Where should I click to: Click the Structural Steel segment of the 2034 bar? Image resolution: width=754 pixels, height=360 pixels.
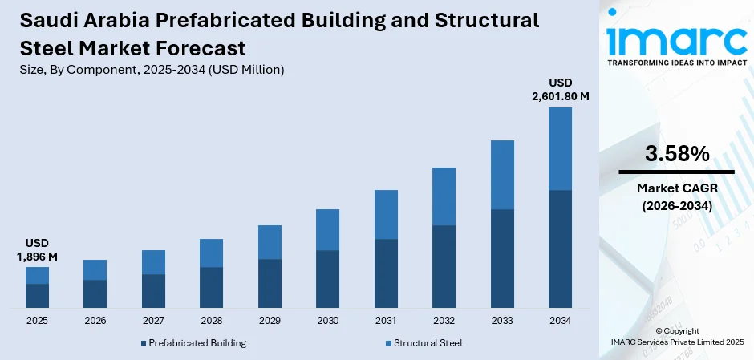(560, 148)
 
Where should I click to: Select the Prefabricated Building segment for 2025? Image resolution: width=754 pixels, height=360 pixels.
(37, 296)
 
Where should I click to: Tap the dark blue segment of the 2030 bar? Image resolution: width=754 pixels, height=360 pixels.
(327, 279)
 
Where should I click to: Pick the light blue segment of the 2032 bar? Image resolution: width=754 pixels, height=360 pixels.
(444, 196)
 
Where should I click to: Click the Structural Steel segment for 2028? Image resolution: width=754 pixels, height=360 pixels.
(211, 253)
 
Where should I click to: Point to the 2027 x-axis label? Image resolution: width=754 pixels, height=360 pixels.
(153, 321)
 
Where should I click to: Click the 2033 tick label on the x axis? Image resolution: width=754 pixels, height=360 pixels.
(502, 321)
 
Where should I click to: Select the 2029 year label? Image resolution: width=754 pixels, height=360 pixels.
(270, 321)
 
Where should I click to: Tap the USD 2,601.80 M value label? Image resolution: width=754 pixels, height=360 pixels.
(560, 89)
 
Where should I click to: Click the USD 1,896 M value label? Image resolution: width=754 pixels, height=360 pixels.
(37, 249)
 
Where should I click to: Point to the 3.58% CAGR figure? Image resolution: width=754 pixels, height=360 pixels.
(676, 154)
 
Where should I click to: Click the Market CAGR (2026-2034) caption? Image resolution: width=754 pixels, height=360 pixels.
(676, 197)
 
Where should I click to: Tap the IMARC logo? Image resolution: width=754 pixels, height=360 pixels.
(676, 36)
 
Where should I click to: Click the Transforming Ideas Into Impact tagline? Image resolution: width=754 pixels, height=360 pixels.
(676, 62)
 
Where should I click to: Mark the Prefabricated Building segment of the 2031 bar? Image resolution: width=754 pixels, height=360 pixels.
(386, 273)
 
